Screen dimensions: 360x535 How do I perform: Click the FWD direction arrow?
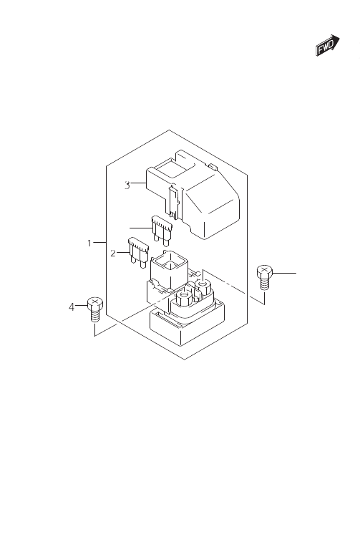pos(327,45)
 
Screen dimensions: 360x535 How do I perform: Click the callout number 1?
pos(89,244)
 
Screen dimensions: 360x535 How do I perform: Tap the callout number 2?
pos(113,254)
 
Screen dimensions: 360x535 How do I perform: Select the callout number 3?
pos(127,185)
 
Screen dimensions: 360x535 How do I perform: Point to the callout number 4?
pos(72,307)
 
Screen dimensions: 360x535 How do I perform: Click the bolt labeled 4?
pos(95,309)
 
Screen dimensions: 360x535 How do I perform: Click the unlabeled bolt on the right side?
pos(265,277)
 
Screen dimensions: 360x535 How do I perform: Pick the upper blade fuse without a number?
pos(162,231)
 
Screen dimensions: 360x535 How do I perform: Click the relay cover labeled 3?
pos(193,195)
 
